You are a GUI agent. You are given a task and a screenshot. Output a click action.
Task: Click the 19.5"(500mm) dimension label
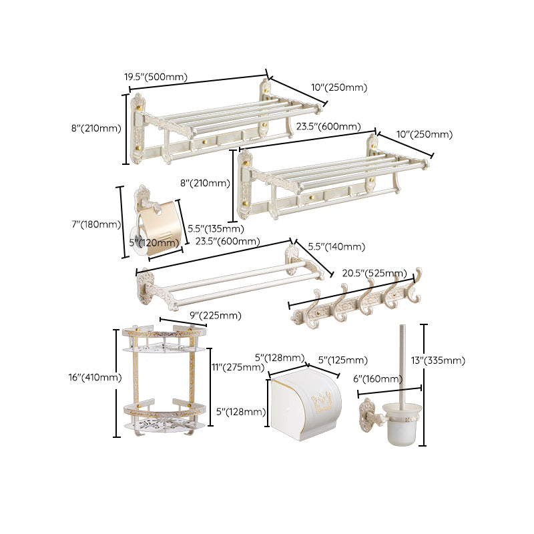tap(156, 77)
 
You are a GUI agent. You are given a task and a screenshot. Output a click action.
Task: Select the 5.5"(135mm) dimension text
tap(216, 229)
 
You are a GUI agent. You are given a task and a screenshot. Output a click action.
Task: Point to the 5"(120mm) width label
tap(153, 242)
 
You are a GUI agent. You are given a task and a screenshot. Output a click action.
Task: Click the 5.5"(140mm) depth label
tap(336, 247)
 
